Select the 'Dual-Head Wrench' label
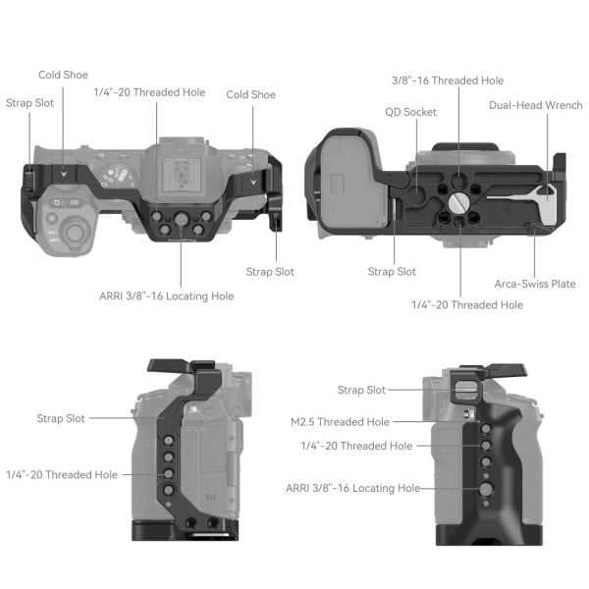(x=535, y=105)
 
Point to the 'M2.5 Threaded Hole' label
(x=339, y=422)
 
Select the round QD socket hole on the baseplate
(x=416, y=183)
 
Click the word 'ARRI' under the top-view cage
(x=114, y=295)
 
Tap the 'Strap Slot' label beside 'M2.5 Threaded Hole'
(x=361, y=390)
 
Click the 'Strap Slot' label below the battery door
(x=392, y=271)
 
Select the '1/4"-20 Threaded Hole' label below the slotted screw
(x=466, y=305)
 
